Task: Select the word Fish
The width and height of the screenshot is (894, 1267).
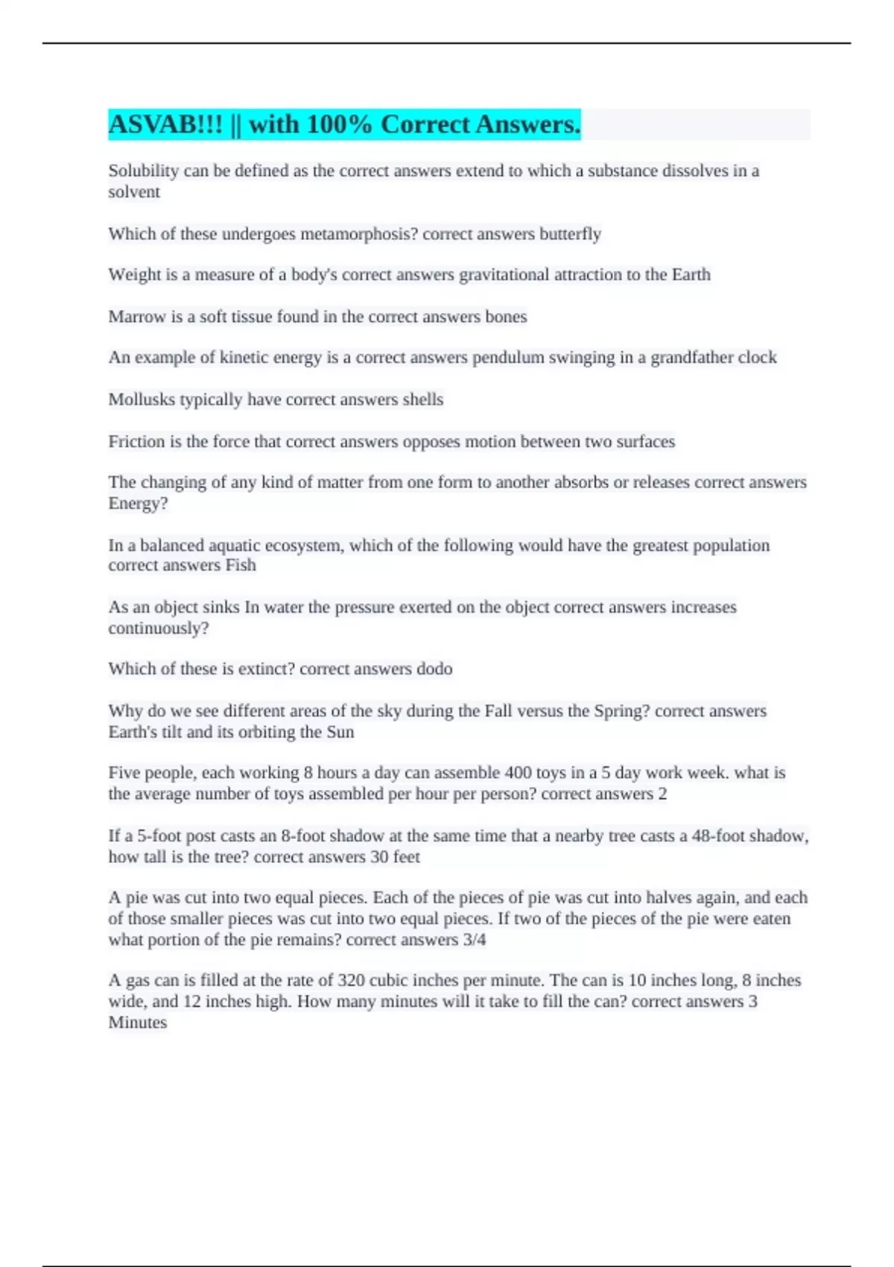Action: [x=241, y=565]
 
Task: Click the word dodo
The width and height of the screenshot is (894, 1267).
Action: [x=434, y=669]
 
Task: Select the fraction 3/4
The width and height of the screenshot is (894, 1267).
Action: [x=475, y=940]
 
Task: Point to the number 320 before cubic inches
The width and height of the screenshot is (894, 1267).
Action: [x=351, y=981]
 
